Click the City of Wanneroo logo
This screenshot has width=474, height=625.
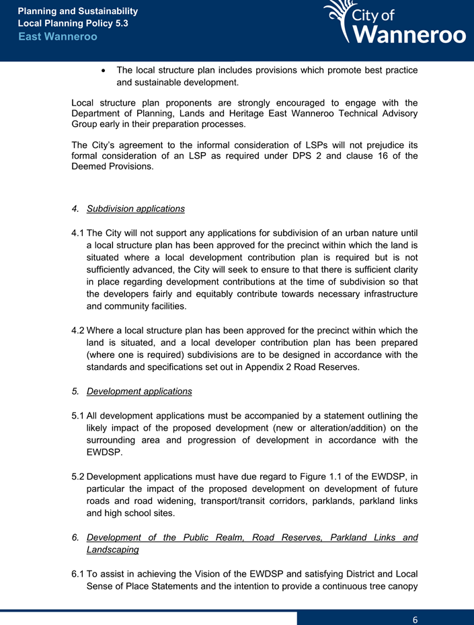coord(393,24)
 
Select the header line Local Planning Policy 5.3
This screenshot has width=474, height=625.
coord(73,24)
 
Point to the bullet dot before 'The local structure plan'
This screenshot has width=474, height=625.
coord(102,71)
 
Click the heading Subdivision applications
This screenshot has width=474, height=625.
coord(136,209)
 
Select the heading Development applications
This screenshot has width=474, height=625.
coord(139,391)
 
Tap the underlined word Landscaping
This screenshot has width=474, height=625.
coord(112,550)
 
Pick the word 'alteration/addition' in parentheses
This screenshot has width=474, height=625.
coord(346,428)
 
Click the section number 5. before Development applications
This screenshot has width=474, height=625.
coord(75,391)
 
